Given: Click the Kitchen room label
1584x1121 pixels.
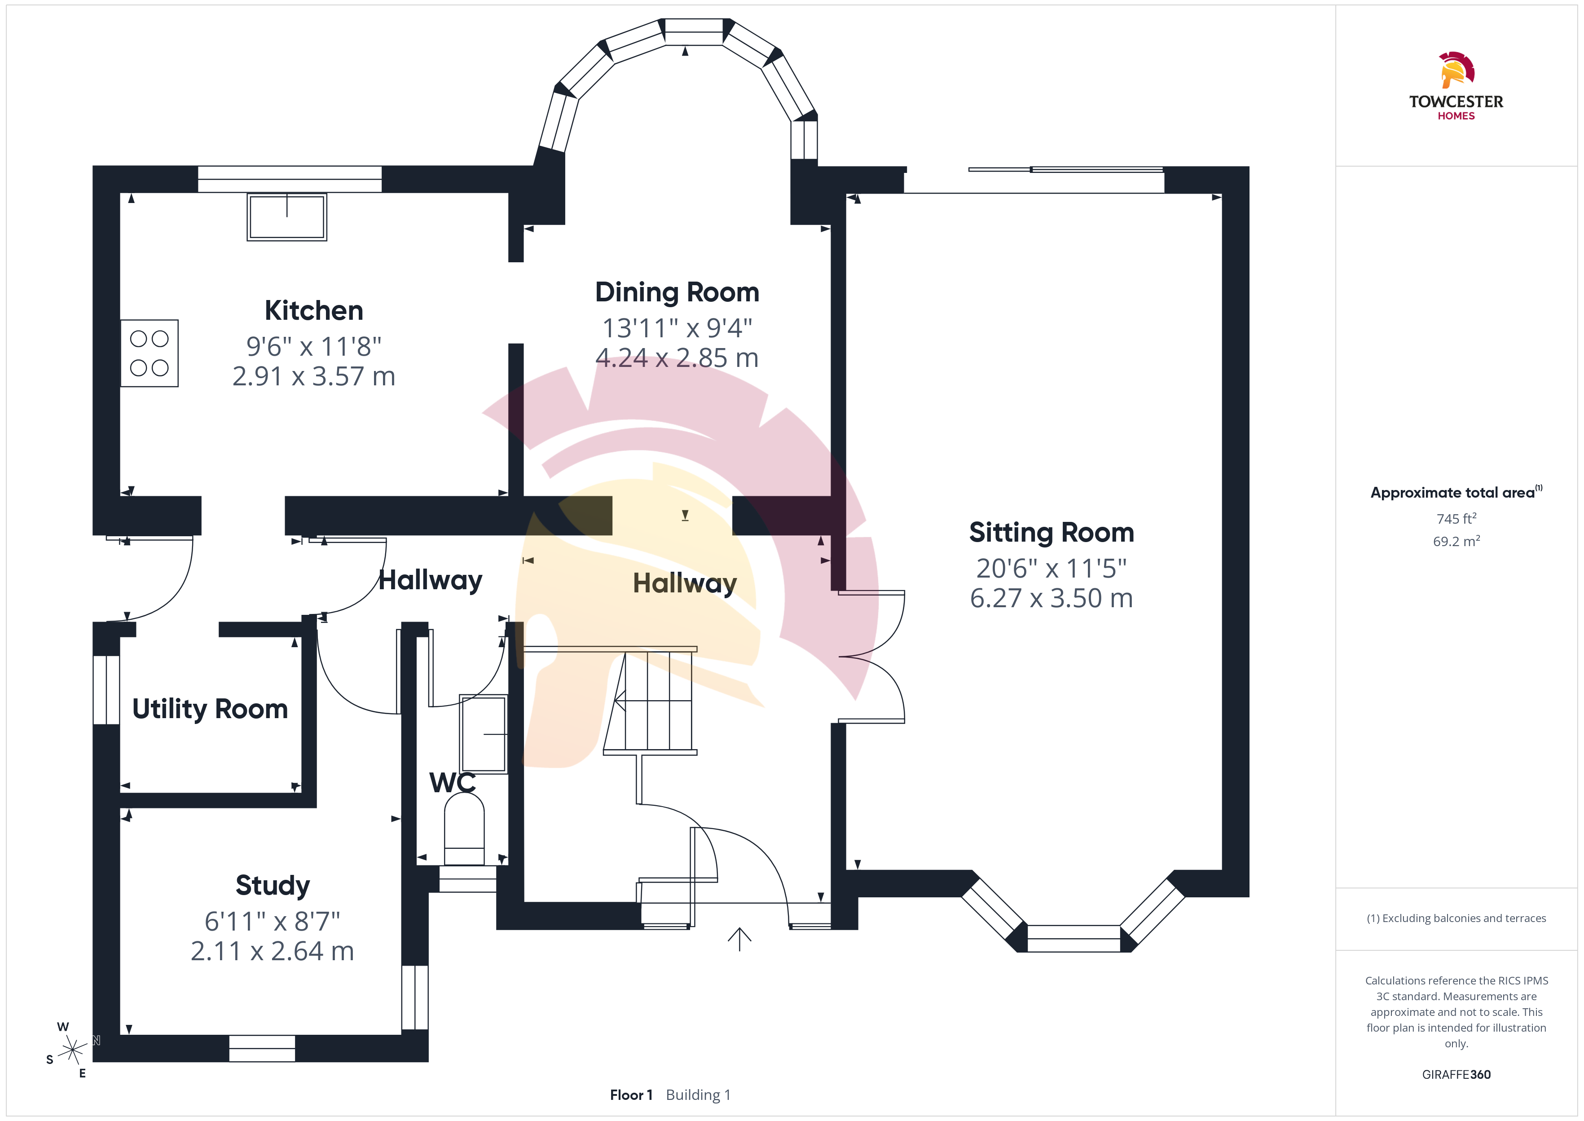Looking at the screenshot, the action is point(314,311).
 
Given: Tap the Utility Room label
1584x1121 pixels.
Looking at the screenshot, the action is point(210,709).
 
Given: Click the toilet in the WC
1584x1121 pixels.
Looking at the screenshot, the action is point(464,828).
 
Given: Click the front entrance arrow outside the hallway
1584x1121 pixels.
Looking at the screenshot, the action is point(739,939).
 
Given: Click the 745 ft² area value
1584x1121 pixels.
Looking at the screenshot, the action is point(1456,518).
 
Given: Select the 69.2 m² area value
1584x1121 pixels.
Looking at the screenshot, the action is point(1456,541).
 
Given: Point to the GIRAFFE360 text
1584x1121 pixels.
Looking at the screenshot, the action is point(1456,1074).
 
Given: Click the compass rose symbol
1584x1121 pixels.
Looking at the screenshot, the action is point(72,1050).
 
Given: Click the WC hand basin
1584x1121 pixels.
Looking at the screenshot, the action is point(484,734).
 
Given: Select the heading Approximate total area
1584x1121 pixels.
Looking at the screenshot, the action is point(1456,492).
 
